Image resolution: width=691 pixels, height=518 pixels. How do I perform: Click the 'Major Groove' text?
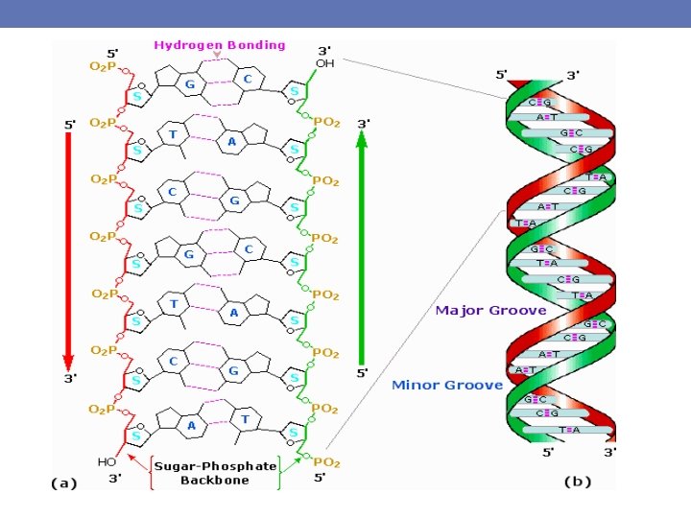coord(490,310)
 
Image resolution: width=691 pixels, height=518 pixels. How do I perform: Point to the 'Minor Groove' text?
coord(447,385)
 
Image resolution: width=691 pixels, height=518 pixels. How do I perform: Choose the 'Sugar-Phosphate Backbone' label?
coord(215,473)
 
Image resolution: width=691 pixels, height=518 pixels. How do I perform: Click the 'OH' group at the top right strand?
coord(325,63)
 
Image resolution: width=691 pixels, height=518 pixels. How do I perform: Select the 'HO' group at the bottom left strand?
coord(107,462)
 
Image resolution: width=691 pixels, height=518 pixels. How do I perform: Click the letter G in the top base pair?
coord(189,84)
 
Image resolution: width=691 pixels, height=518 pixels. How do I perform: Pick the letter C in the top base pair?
coord(247,80)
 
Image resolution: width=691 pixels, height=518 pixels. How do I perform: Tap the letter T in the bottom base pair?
coord(246,419)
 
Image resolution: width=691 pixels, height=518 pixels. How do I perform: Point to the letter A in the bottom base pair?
coord(192,425)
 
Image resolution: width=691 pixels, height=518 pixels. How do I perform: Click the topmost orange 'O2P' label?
coord(104,66)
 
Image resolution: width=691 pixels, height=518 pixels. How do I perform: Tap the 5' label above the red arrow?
coord(69,125)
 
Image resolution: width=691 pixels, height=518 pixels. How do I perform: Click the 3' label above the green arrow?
coord(363,124)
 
